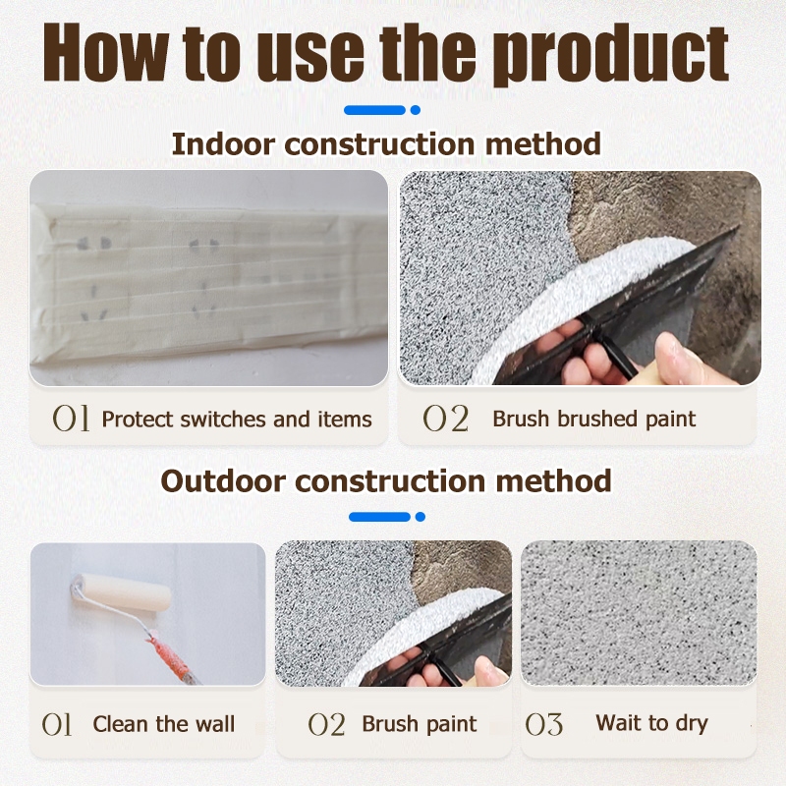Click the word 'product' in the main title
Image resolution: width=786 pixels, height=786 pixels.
(614, 54)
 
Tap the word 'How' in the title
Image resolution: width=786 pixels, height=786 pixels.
(106, 52)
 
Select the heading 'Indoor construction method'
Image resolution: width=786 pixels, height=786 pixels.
(386, 144)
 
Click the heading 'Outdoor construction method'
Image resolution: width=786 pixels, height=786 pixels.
(386, 480)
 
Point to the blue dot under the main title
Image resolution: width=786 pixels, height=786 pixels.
(415, 110)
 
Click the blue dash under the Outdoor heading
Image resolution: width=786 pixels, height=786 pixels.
(379, 517)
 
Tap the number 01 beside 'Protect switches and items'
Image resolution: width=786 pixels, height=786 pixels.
(71, 419)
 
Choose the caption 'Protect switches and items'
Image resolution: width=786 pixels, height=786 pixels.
(237, 420)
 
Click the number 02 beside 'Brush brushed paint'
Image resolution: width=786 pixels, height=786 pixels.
(446, 419)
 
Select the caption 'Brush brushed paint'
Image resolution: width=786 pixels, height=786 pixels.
(594, 419)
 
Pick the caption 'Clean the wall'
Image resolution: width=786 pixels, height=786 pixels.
(163, 724)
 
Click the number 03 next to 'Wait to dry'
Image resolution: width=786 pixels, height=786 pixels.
(544, 724)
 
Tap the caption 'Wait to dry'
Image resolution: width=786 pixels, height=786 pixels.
(651, 724)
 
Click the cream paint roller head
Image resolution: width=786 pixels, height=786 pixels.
(123, 592)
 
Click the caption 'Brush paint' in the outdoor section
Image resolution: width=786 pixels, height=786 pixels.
(420, 724)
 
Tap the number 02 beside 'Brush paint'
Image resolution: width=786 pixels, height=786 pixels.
(326, 724)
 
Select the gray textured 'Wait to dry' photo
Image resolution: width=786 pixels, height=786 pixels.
(639, 613)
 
